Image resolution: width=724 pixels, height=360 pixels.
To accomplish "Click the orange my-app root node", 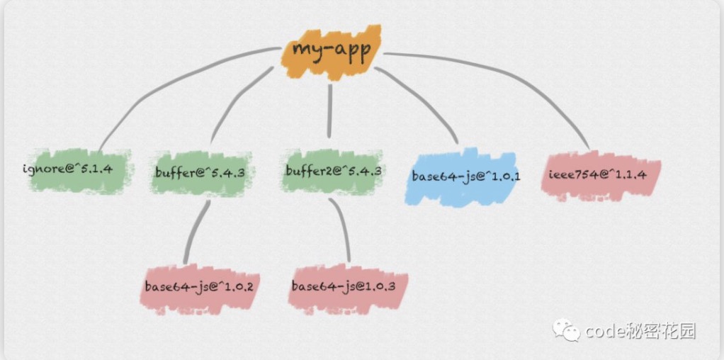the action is point(332,52).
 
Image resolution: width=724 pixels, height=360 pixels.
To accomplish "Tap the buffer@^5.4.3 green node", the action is point(200,172).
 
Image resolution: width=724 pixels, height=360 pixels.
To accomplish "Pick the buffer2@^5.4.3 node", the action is point(332,171).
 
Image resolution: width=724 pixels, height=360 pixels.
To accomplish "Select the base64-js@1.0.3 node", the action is point(347,286).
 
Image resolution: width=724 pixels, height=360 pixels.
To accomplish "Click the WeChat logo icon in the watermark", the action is point(566,330).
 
